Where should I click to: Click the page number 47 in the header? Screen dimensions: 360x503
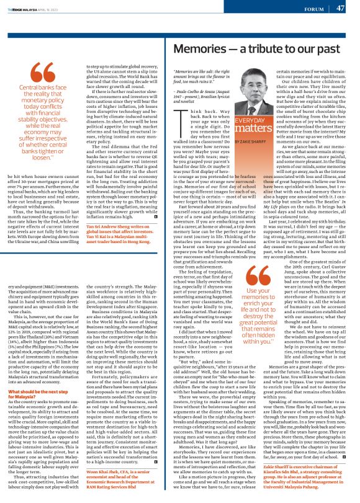(340, 9)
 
